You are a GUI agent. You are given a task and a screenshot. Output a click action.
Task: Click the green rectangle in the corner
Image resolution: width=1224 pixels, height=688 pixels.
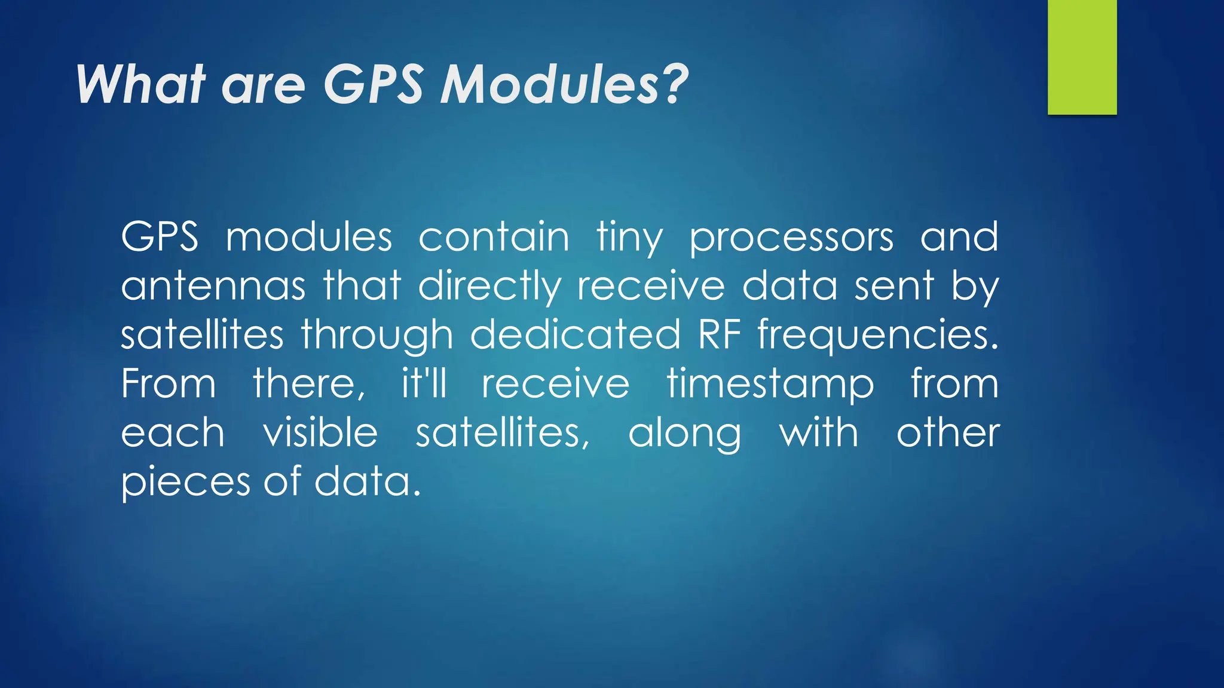[x=1082, y=57]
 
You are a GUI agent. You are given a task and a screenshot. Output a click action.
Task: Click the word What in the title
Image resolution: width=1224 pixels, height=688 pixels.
[x=141, y=85]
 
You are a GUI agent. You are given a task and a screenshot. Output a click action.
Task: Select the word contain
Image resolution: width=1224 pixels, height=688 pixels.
[x=494, y=237]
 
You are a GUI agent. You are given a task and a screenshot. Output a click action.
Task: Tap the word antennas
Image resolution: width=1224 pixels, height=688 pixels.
[x=213, y=286]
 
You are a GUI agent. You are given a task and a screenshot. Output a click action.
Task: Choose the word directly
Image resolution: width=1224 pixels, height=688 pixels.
[x=489, y=287]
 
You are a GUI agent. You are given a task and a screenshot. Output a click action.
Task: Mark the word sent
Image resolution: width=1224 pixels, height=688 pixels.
[x=894, y=286]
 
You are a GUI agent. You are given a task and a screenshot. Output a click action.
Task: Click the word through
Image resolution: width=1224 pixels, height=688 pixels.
[x=377, y=335]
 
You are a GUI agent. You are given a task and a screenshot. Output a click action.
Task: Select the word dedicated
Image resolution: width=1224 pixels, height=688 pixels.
[x=576, y=334]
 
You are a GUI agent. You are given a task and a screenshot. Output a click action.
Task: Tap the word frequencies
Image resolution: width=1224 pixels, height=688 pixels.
[x=878, y=336]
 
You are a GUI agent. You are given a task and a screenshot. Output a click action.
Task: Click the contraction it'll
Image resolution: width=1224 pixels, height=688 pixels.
[x=424, y=383]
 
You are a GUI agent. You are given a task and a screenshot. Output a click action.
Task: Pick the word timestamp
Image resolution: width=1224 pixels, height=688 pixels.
[x=770, y=384]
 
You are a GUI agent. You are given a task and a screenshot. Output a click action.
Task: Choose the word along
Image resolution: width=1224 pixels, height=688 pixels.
[x=684, y=434]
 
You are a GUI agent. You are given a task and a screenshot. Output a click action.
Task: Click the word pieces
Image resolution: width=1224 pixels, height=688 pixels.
[x=186, y=483]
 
